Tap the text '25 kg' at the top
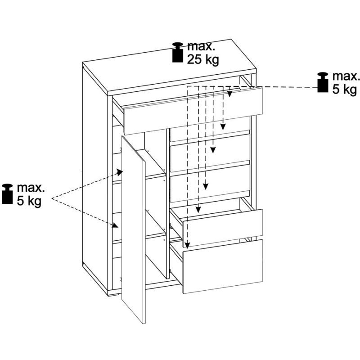pyautogui.click(x=203, y=59)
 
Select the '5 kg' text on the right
pyautogui.click(x=344, y=89)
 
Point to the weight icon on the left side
pyautogui.click(x=8, y=193)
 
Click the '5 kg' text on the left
pyautogui.click(x=29, y=200)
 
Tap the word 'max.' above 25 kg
pyautogui.click(x=202, y=46)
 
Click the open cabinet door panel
pyautogui.click(x=133, y=229)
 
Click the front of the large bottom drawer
pyautogui.click(x=223, y=266)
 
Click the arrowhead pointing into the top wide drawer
pyautogui.click(x=229, y=94)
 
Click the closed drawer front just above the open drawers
pyautogui.click(x=210, y=182)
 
